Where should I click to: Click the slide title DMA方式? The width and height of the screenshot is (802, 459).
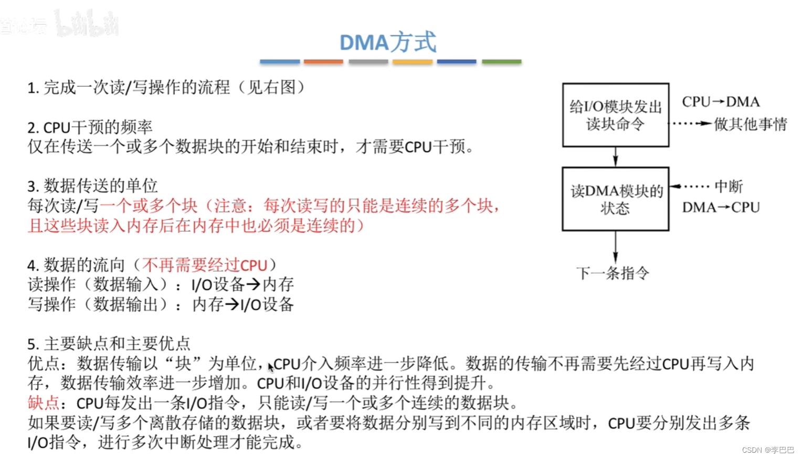(x=388, y=42)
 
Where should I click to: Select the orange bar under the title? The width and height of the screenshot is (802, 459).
(x=323, y=62)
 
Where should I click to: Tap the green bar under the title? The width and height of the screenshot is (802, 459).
(x=501, y=62)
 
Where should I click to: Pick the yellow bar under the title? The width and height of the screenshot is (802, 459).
(x=413, y=62)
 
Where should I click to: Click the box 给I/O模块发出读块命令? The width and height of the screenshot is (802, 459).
(x=615, y=115)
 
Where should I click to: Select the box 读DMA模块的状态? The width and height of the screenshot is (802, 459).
(x=615, y=199)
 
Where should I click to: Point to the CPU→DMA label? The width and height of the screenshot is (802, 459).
(x=721, y=102)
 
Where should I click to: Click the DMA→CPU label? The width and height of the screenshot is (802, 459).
(x=721, y=207)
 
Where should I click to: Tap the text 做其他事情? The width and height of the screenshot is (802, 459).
(x=750, y=124)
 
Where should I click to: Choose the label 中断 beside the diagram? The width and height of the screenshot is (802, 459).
(x=729, y=186)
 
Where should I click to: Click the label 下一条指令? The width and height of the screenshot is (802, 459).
(x=613, y=273)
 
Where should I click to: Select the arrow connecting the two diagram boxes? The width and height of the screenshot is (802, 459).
(x=615, y=157)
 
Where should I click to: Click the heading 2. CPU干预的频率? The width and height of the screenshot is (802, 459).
(x=90, y=127)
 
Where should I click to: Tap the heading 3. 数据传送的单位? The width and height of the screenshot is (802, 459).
(x=92, y=186)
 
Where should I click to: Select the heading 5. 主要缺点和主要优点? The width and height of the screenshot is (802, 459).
(x=109, y=344)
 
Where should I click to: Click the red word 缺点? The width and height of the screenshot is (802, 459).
(x=44, y=403)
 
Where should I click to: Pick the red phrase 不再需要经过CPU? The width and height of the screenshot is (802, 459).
(x=205, y=265)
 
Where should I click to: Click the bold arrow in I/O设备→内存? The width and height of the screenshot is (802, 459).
(x=253, y=285)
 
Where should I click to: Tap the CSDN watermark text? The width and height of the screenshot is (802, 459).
(x=768, y=450)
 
